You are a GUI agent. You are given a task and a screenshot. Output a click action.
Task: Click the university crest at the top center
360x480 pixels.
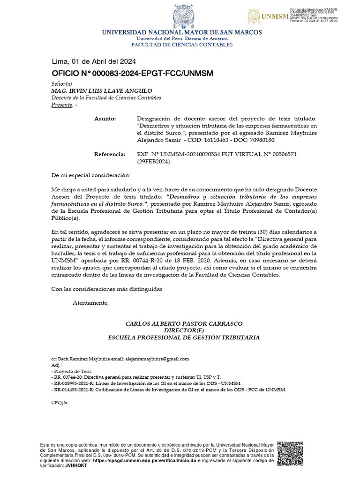coord(182,15)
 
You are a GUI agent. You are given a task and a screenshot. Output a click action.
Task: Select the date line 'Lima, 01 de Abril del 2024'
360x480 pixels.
coord(94,61)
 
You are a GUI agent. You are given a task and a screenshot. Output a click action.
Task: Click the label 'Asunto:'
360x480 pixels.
coord(105,119)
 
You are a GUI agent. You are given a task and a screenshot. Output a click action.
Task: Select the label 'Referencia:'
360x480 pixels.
coord(110,154)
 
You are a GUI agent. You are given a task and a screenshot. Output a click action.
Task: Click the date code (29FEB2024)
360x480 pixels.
coord(153,161)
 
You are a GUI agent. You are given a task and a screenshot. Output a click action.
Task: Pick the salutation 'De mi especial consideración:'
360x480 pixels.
coord(90,175)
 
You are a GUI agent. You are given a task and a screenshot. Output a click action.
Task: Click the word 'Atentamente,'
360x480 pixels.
coord(90,303)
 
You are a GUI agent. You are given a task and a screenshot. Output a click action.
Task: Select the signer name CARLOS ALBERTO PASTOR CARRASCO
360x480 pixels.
coord(184,324)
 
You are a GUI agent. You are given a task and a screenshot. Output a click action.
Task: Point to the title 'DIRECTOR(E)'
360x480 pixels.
coord(184,330)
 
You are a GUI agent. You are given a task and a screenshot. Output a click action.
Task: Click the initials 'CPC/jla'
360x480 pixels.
coord(59,403)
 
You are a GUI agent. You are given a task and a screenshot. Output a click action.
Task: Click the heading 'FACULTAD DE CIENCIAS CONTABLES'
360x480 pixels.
coord(182,45)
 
